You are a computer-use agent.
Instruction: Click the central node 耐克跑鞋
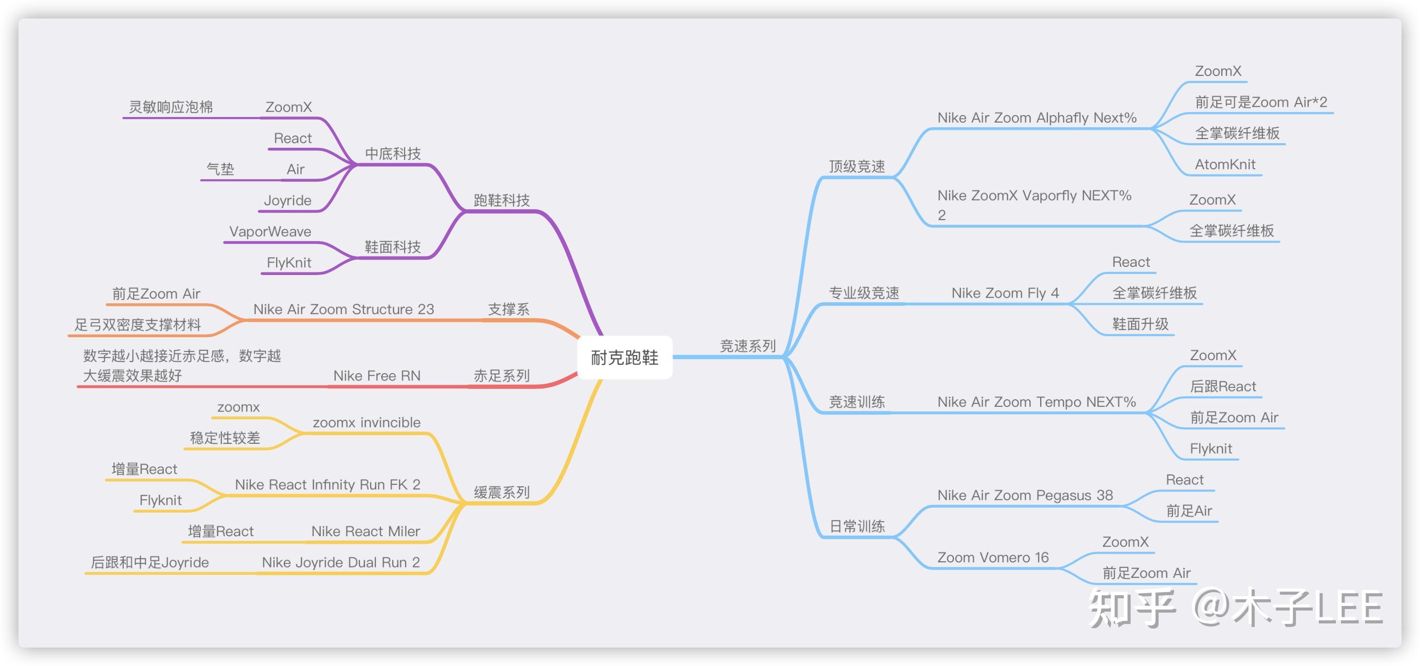click(x=625, y=358)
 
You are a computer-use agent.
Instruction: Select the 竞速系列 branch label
click(x=747, y=346)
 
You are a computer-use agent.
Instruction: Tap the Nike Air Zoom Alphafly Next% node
click(x=1037, y=117)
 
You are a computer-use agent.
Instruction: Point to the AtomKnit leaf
click(x=1225, y=164)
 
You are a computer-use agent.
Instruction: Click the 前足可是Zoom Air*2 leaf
click(x=1261, y=102)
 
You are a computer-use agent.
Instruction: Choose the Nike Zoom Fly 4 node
click(x=1005, y=293)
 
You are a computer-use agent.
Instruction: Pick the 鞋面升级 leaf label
click(x=1140, y=324)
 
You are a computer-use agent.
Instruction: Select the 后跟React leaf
click(x=1223, y=386)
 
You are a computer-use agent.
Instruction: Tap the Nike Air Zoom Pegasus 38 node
click(x=1025, y=495)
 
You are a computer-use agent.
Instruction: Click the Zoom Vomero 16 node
click(x=993, y=557)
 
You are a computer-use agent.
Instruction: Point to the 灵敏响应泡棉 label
click(x=171, y=107)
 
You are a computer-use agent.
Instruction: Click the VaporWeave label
click(x=270, y=231)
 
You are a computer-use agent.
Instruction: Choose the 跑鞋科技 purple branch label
click(x=502, y=200)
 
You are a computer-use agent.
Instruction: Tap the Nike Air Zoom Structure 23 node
click(x=343, y=309)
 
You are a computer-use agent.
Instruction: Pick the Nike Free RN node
click(x=376, y=376)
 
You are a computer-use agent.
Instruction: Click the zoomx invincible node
click(x=367, y=422)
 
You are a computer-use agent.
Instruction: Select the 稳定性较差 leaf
click(x=225, y=438)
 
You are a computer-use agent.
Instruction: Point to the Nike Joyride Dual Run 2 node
click(x=341, y=562)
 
